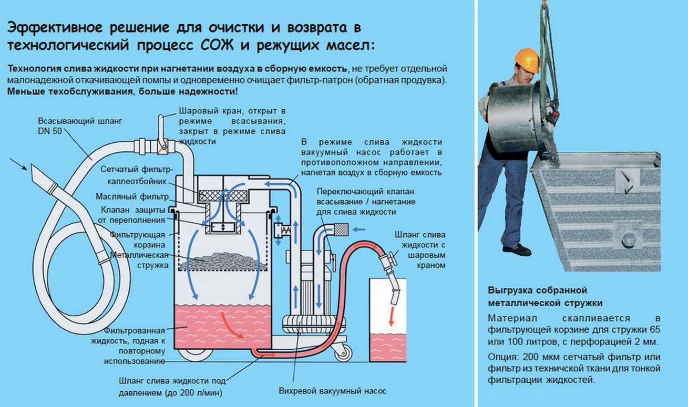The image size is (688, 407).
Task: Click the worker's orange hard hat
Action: [x=527, y=59]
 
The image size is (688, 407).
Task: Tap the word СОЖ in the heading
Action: [x=217, y=45]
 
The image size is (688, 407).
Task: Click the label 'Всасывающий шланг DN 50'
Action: [x=80, y=126]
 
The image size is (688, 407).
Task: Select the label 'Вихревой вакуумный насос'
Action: [x=332, y=391]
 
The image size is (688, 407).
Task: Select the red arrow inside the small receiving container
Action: [x=391, y=317]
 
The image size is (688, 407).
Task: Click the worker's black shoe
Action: [x=517, y=249]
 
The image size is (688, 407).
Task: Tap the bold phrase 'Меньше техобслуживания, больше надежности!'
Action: [x=122, y=91]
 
